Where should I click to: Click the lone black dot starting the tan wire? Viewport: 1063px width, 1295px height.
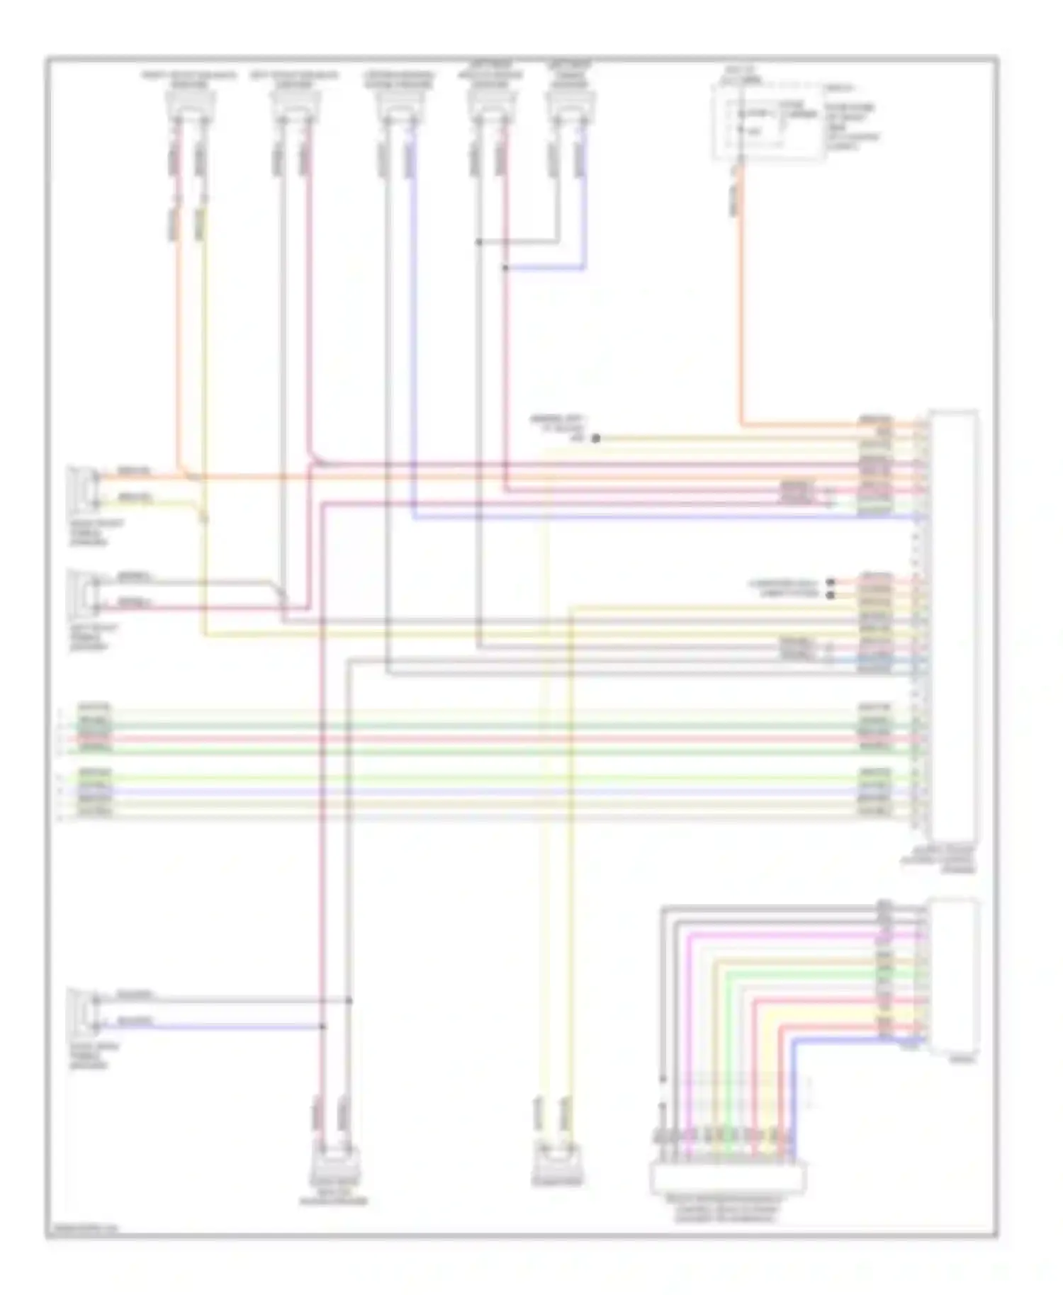[596, 439]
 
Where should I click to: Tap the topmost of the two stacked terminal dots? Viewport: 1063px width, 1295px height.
[831, 582]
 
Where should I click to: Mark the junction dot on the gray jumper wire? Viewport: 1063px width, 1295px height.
[479, 242]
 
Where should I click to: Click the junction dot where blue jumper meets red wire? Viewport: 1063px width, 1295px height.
[505, 268]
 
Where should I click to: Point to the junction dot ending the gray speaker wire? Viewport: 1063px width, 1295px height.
[349, 1000]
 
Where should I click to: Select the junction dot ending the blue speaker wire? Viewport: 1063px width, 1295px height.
[322, 1026]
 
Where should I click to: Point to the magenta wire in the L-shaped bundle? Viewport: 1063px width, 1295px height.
[688, 1027]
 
